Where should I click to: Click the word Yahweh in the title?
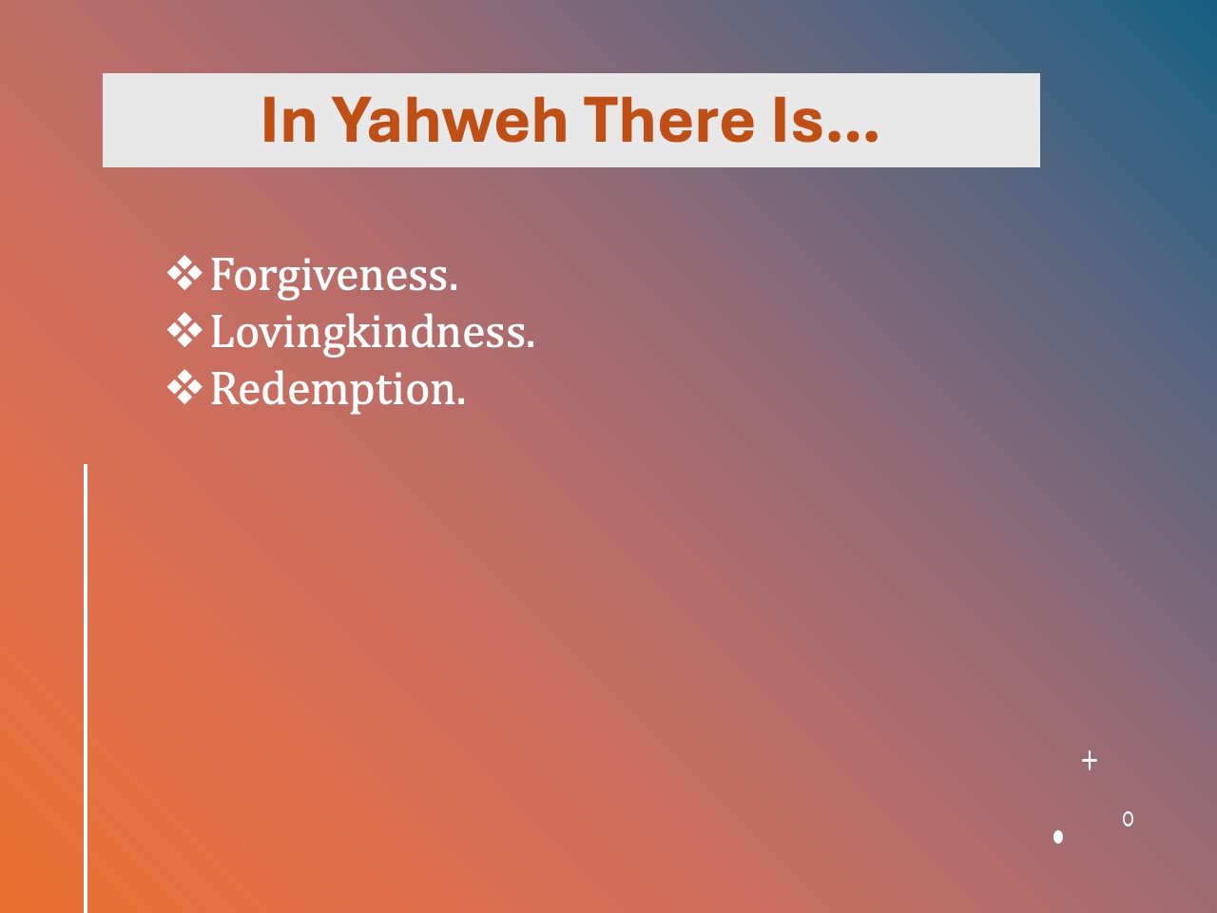tap(450, 120)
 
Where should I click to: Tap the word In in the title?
tap(289, 120)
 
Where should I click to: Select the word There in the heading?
tap(669, 120)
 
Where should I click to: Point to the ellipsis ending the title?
tap(852, 137)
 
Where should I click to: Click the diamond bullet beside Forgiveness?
tap(184, 273)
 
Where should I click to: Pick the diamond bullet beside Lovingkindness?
tap(184, 330)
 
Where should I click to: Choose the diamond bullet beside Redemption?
tap(184, 387)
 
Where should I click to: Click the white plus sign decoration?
tap(1090, 761)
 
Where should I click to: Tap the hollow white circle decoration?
tap(1128, 819)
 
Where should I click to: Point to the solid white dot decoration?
tap(1058, 837)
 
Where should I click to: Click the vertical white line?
tap(86, 689)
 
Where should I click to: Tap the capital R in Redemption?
tap(224, 388)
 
